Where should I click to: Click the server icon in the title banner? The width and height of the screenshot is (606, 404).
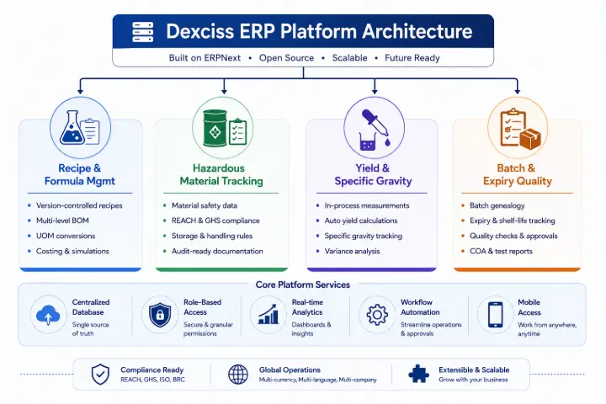point(142,32)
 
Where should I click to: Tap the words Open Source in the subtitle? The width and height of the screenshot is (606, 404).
point(286,58)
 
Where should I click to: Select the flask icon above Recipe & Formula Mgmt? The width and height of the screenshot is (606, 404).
point(72,128)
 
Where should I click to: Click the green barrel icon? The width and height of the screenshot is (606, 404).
point(215,129)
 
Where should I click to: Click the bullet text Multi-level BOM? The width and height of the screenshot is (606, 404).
point(62,221)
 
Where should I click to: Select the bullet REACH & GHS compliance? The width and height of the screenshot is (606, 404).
point(215,221)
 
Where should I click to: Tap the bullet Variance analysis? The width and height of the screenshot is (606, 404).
point(352,252)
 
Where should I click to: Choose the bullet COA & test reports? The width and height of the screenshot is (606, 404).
point(501,252)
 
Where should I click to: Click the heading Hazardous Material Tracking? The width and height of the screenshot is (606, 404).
point(221,174)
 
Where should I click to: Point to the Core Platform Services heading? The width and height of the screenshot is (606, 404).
point(303,284)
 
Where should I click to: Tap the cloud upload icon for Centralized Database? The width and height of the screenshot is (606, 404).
point(48,315)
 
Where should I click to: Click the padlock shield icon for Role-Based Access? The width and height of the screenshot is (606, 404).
point(160,315)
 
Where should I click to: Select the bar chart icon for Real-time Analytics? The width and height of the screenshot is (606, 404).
point(268,314)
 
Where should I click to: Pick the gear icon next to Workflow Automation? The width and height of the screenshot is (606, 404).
point(377,315)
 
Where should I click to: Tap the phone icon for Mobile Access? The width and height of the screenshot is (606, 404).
point(496,315)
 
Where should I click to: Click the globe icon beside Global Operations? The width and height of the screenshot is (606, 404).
point(238,375)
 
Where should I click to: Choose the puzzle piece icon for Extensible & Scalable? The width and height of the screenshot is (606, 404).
point(418,374)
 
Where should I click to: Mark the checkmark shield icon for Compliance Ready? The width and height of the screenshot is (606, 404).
point(100,375)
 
